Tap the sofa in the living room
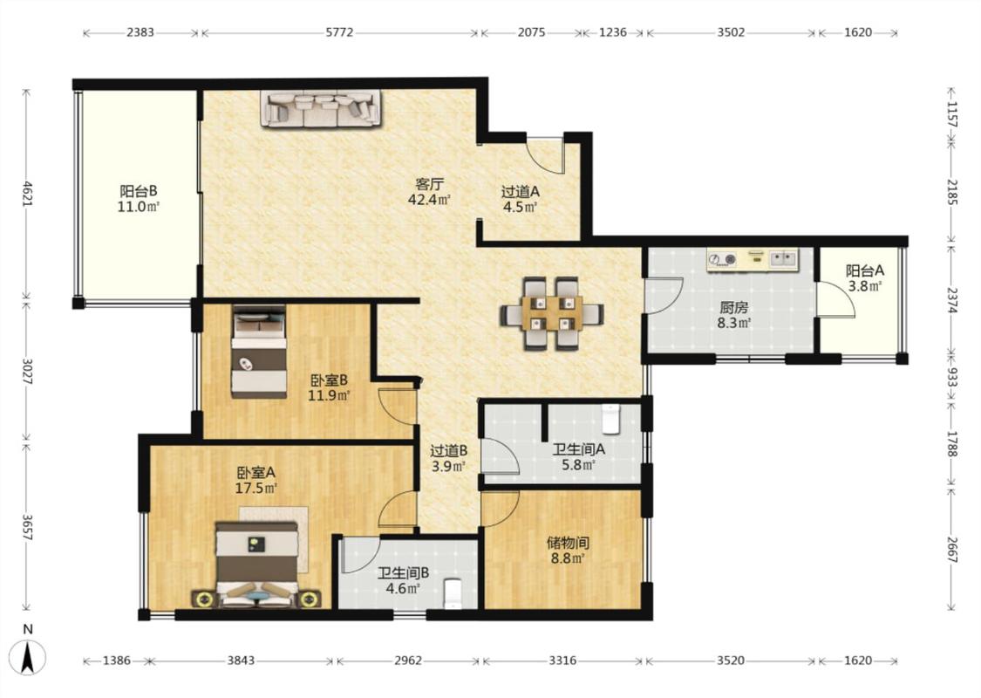pos(320,109)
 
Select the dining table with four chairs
pos(552,313)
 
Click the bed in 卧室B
pos(259,352)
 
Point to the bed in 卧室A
pos(257,565)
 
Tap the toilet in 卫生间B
pos(452,593)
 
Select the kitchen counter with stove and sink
pos(753,260)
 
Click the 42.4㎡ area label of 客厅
pos(429,200)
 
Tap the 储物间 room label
pos(568,543)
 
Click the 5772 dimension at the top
pos(339,32)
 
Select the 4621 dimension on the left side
pos(26,194)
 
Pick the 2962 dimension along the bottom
pos(408,660)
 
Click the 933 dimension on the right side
pos(951,378)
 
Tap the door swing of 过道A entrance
pos(543,155)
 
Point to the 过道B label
pos(448,451)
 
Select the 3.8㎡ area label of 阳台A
pos(865,287)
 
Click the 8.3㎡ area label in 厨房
pos(734,324)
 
